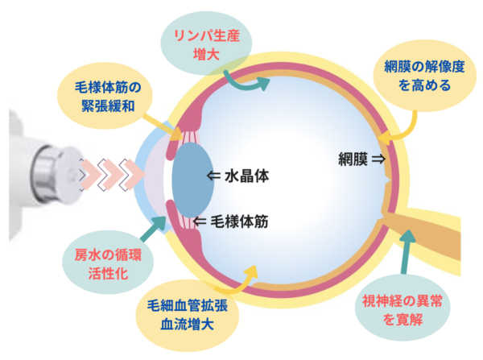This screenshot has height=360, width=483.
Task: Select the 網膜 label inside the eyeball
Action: click(x=354, y=160)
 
